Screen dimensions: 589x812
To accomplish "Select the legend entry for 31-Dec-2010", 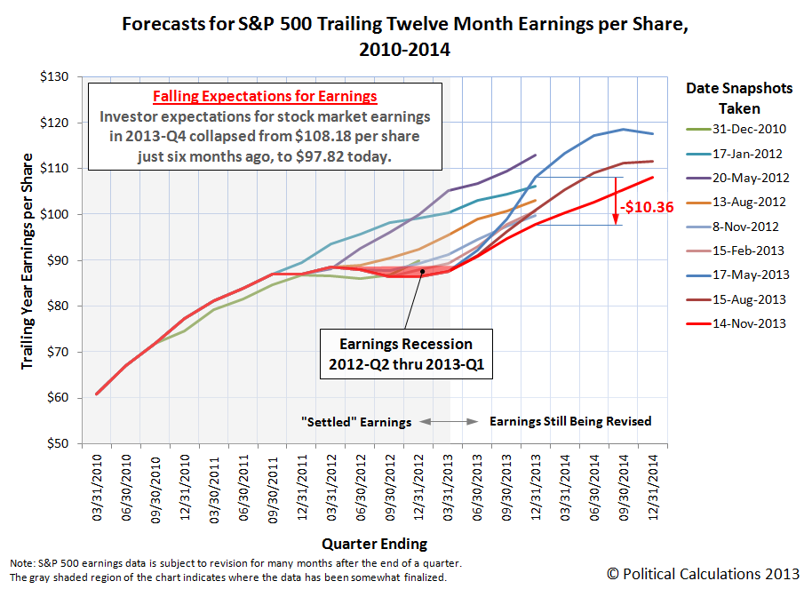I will click(x=749, y=129).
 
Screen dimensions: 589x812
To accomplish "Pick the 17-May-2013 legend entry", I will click(x=749, y=275).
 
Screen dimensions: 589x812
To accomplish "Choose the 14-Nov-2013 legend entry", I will click(x=749, y=323).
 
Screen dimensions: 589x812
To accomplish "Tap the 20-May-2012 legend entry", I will click(x=749, y=178).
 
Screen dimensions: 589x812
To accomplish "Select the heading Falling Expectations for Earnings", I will click(x=265, y=96).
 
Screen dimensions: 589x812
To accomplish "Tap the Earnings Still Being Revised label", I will click(x=570, y=421).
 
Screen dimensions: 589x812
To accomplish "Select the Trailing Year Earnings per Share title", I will click(x=28, y=260).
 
